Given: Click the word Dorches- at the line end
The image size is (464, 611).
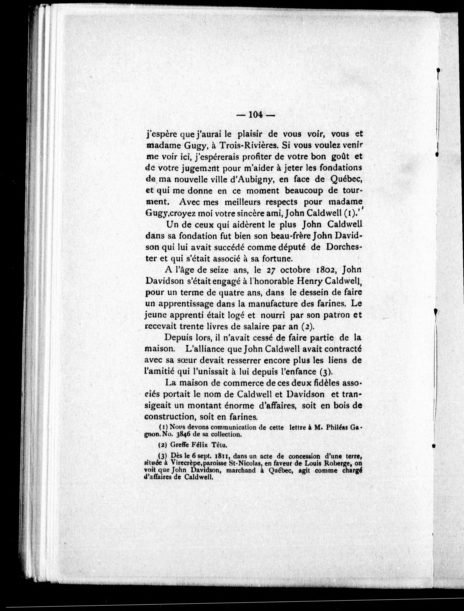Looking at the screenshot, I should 344,247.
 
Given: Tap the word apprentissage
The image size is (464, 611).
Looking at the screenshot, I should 186,304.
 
